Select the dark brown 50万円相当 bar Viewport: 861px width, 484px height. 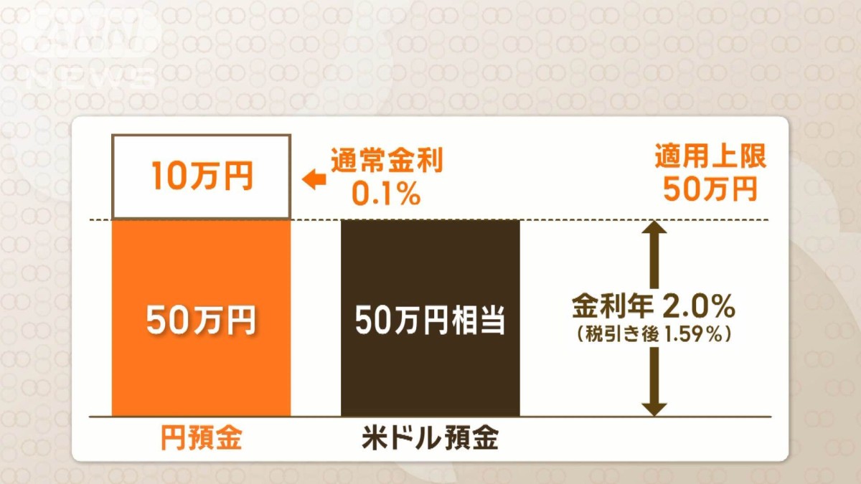point(430,373)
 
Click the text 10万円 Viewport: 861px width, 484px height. point(202,177)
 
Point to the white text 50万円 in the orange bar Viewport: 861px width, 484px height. point(201,321)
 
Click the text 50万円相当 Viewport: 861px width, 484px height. point(430,321)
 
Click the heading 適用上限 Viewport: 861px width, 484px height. point(710,157)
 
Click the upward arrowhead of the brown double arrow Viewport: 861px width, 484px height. point(654,228)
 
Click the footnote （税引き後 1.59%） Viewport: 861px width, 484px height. point(653,334)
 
